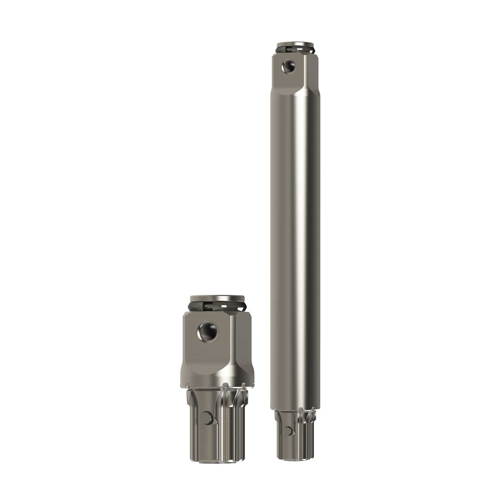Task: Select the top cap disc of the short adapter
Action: (217, 298)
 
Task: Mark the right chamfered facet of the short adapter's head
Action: (242, 344)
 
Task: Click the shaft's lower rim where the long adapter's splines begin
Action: (295, 408)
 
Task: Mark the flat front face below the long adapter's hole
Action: (286, 84)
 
